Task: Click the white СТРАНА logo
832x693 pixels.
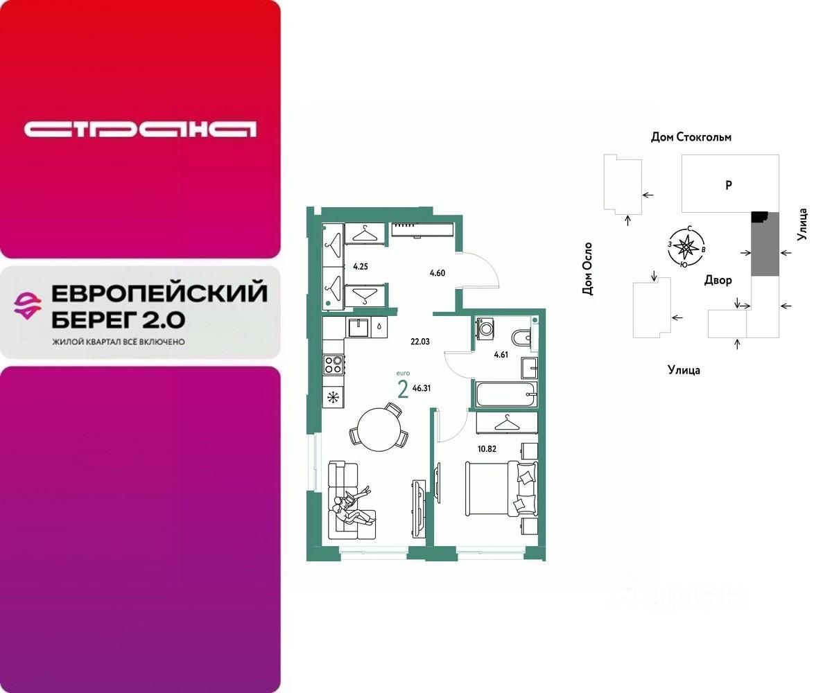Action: (x=140, y=130)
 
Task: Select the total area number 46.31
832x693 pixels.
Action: (x=422, y=388)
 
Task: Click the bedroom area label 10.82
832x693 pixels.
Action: (x=487, y=448)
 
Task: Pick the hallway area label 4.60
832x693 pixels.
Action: (x=437, y=273)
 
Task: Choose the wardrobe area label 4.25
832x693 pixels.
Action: (x=360, y=265)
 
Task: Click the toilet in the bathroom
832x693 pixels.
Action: (x=521, y=337)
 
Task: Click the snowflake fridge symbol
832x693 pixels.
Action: (x=333, y=397)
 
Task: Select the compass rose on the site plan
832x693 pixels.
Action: (x=686, y=246)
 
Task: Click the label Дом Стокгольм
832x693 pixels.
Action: (x=691, y=137)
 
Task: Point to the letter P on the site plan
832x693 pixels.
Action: (x=728, y=185)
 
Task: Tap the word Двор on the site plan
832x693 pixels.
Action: (x=718, y=280)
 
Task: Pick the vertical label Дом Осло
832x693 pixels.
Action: (x=588, y=269)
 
